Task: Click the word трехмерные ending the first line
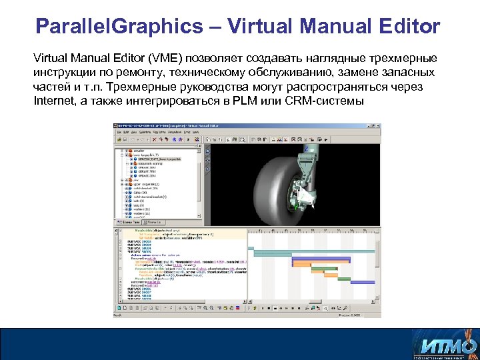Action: click(x=397, y=57)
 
